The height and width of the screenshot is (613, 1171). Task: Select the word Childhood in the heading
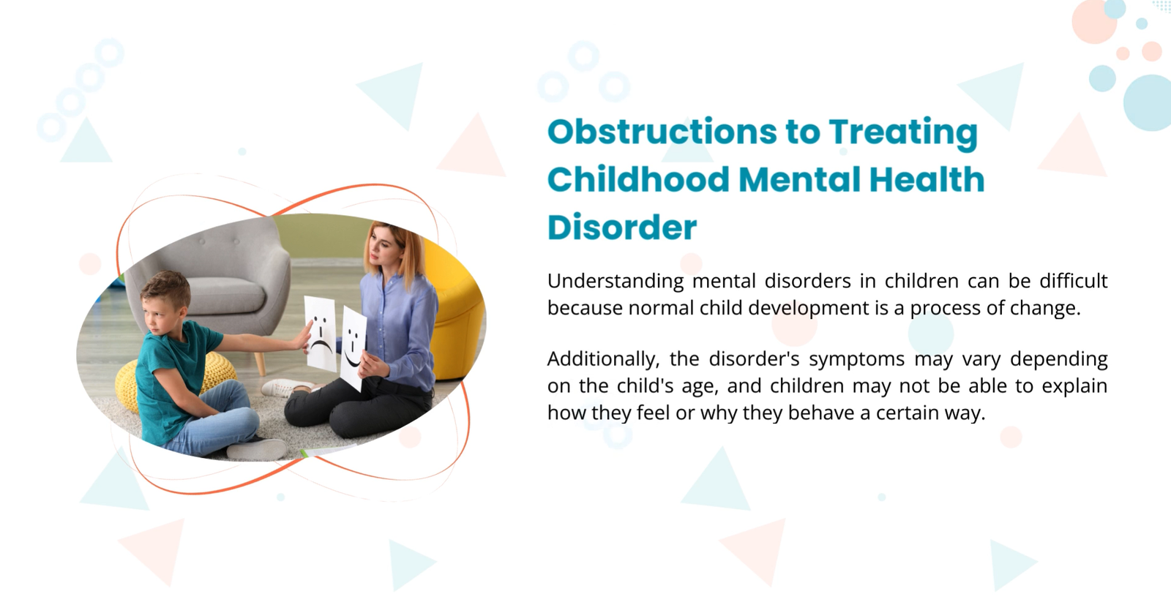click(638, 179)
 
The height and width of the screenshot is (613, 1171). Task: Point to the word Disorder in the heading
click(622, 227)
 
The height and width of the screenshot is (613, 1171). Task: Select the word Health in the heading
click(927, 179)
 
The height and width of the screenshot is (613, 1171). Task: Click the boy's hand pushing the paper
click(303, 338)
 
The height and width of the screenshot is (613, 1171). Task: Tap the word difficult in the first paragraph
click(1074, 281)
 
